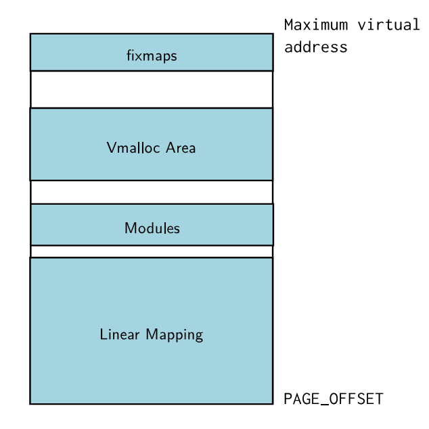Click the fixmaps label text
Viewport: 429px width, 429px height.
tap(152, 56)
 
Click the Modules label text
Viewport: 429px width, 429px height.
tap(152, 228)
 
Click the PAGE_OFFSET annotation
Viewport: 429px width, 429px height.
tap(334, 399)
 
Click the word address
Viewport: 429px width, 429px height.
tap(315, 48)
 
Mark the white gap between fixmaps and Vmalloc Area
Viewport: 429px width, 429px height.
tap(152, 89)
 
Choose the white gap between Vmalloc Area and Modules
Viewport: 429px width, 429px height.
tap(152, 192)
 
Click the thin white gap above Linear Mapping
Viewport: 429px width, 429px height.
tap(152, 251)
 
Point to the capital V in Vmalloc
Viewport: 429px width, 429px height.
tap(111, 148)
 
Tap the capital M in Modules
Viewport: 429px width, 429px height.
tap(130, 228)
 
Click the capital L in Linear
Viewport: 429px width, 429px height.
tap(103, 334)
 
